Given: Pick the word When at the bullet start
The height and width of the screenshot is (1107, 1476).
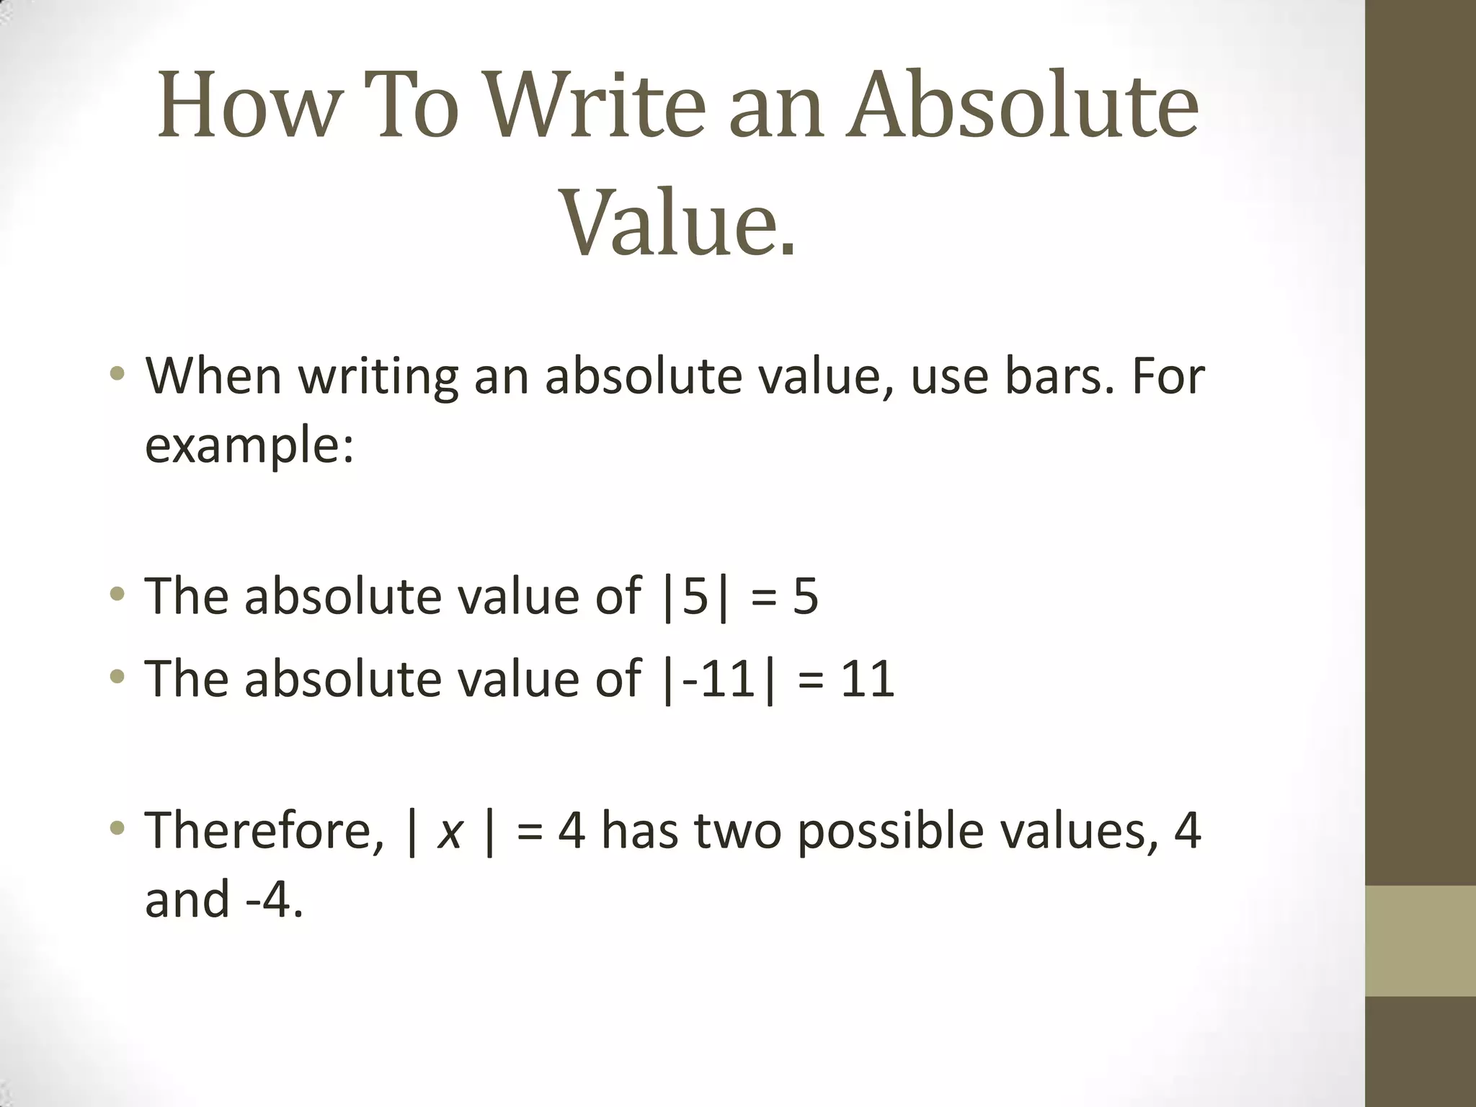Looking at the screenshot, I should [213, 376].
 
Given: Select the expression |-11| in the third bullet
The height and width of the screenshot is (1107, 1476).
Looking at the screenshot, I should [719, 679].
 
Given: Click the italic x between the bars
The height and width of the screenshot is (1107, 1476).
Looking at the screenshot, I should [450, 832].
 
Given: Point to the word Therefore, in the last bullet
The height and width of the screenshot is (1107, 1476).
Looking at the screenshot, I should [264, 832].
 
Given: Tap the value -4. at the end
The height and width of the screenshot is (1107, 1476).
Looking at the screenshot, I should [275, 901].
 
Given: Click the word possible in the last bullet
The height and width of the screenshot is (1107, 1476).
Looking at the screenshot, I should [890, 832].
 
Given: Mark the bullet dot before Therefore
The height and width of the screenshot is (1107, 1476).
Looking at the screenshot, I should [117, 829].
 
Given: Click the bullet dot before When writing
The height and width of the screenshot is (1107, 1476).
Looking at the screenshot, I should [117, 374].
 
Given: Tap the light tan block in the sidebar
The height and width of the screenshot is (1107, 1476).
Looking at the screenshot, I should [1420, 941].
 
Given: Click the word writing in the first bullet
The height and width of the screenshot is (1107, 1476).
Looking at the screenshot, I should [378, 378].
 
